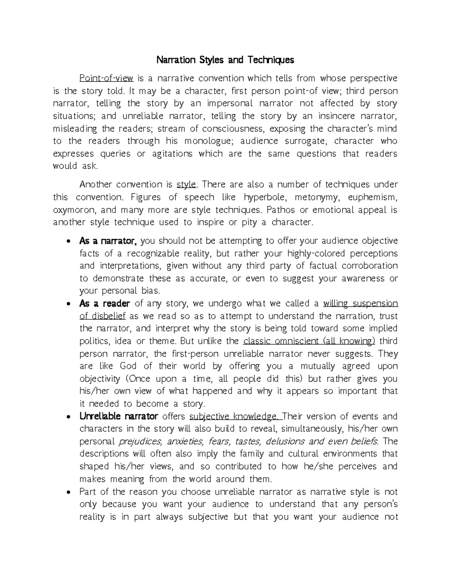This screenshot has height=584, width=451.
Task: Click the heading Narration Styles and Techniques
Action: click(x=225, y=60)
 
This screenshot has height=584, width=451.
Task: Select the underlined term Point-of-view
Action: click(x=106, y=78)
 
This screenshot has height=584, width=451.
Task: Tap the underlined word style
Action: click(x=186, y=185)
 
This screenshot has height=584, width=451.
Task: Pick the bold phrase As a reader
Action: click(x=104, y=303)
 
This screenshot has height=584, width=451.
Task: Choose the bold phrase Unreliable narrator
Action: click(x=118, y=416)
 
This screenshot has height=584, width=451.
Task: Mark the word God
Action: click(x=128, y=366)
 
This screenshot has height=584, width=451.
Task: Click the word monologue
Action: click(x=206, y=141)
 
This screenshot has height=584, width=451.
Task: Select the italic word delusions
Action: click(x=287, y=441)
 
